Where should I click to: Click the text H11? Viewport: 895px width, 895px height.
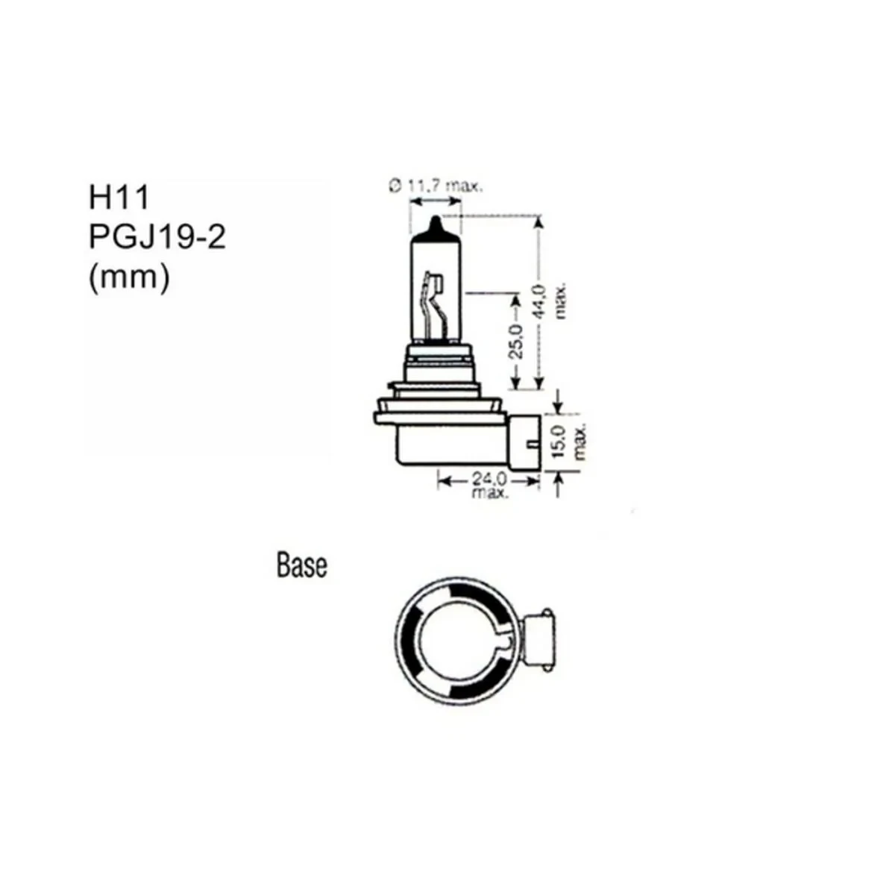pyautogui.click(x=119, y=198)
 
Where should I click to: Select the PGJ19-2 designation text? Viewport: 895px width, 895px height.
pyautogui.click(x=157, y=238)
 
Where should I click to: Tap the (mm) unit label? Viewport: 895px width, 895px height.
pyautogui.click(x=129, y=277)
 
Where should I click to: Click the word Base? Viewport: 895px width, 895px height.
pyautogui.click(x=301, y=565)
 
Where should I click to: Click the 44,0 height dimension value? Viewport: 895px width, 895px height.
pyautogui.click(x=539, y=303)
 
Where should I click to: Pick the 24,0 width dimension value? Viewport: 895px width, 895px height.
pyautogui.click(x=489, y=478)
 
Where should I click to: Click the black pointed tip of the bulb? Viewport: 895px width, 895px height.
pyautogui.click(x=436, y=224)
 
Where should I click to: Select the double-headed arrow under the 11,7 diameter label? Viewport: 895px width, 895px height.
pyautogui.click(x=436, y=202)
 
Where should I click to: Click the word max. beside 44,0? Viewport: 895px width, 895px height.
pyautogui.click(x=562, y=301)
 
